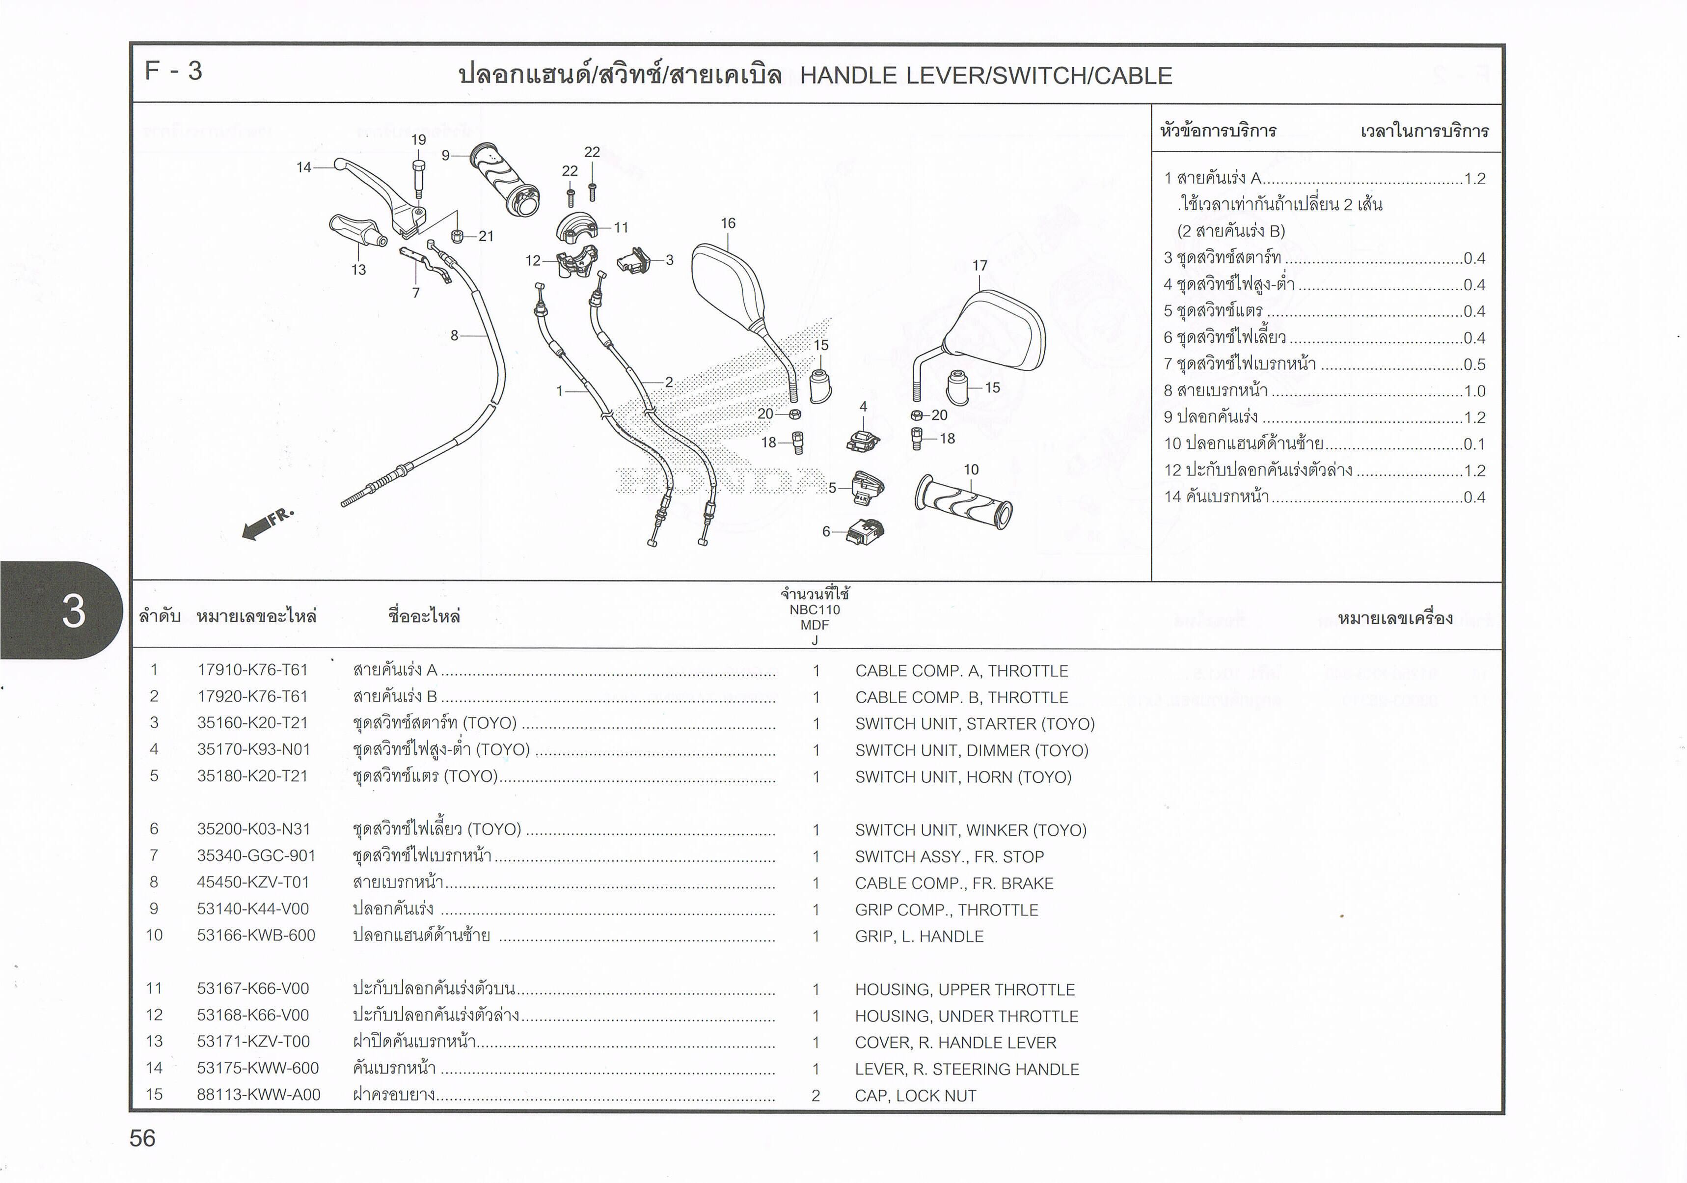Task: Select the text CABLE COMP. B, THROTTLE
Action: [961, 697]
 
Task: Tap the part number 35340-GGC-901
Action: [256, 856]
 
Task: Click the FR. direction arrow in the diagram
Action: [267, 523]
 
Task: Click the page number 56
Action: [142, 1138]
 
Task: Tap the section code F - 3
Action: [173, 71]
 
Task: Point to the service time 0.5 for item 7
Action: [1474, 364]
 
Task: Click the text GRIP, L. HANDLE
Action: [919, 936]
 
